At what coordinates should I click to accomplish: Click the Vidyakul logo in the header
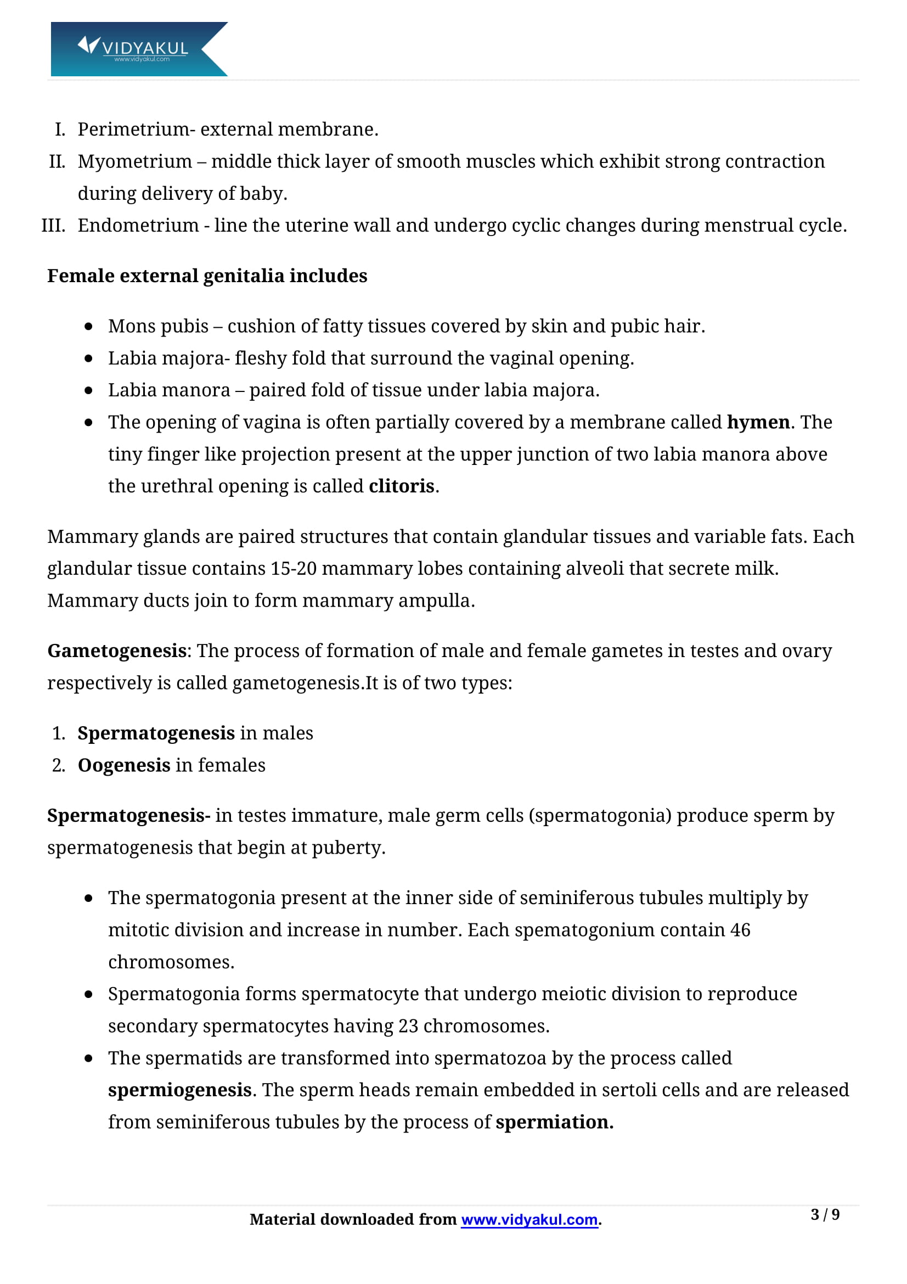pos(139,49)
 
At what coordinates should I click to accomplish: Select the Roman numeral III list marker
pos(54,226)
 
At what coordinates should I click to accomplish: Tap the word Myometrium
pos(134,161)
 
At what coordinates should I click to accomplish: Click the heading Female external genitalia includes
pos(207,276)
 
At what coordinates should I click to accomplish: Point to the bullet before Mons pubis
pos(88,327)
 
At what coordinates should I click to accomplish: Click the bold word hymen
pos(758,422)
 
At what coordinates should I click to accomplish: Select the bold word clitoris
pos(401,486)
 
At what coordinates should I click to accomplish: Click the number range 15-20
pos(294,569)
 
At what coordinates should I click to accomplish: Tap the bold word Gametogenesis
pos(117,651)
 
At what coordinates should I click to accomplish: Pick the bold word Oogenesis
pos(124,765)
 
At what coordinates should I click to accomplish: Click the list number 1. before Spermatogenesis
pos(59,733)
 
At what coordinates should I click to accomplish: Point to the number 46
pos(740,930)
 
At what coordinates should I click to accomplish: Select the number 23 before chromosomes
pos(408,1026)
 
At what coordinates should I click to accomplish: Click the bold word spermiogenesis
pos(179,1090)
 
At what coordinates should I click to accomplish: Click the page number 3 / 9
pos(824,1215)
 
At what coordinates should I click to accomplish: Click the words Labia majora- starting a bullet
pos(169,358)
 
